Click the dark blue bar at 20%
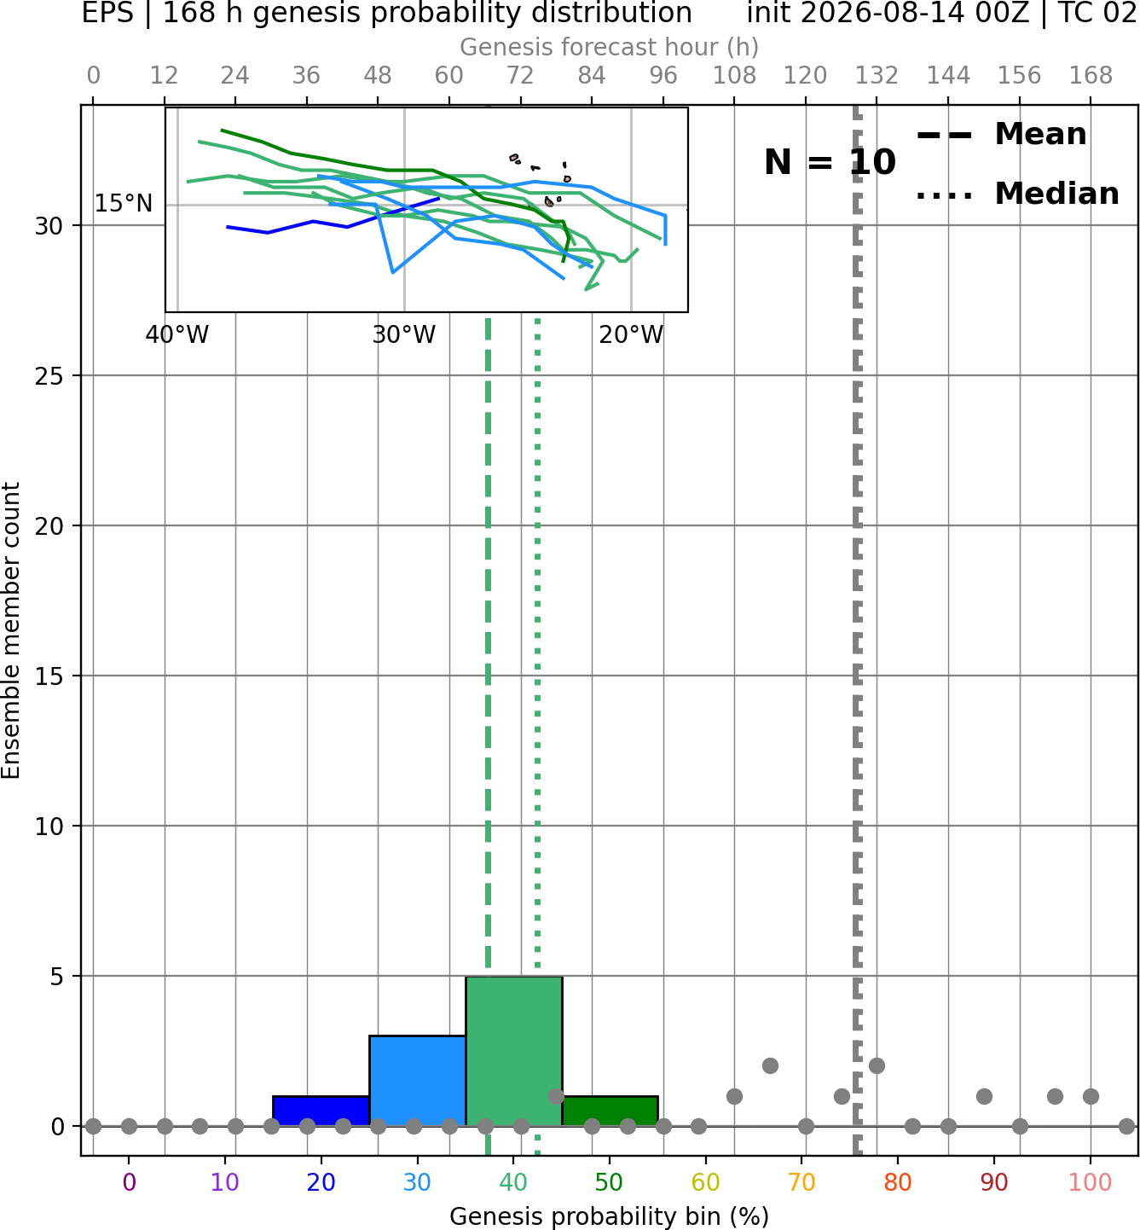(x=321, y=1111)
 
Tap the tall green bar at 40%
(x=514, y=1051)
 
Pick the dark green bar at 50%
(x=610, y=1111)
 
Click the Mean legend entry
(x=1001, y=134)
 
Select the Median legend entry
(x=1017, y=194)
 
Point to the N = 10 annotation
(x=830, y=162)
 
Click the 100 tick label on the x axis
(x=1091, y=1182)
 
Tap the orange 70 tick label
(x=801, y=1182)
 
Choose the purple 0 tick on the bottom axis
(x=129, y=1182)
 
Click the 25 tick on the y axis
(x=49, y=376)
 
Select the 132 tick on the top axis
(x=877, y=76)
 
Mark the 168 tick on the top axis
(x=1091, y=76)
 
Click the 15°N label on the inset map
(x=124, y=203)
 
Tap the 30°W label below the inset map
(x=404, y=335)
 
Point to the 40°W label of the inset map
(x=177, y=335)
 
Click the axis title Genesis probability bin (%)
(x=610, y=1216)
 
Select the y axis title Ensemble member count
(x=10, y=631)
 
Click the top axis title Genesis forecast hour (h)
(x=610, y=47)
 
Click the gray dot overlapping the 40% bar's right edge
(x=556, y=1096)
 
